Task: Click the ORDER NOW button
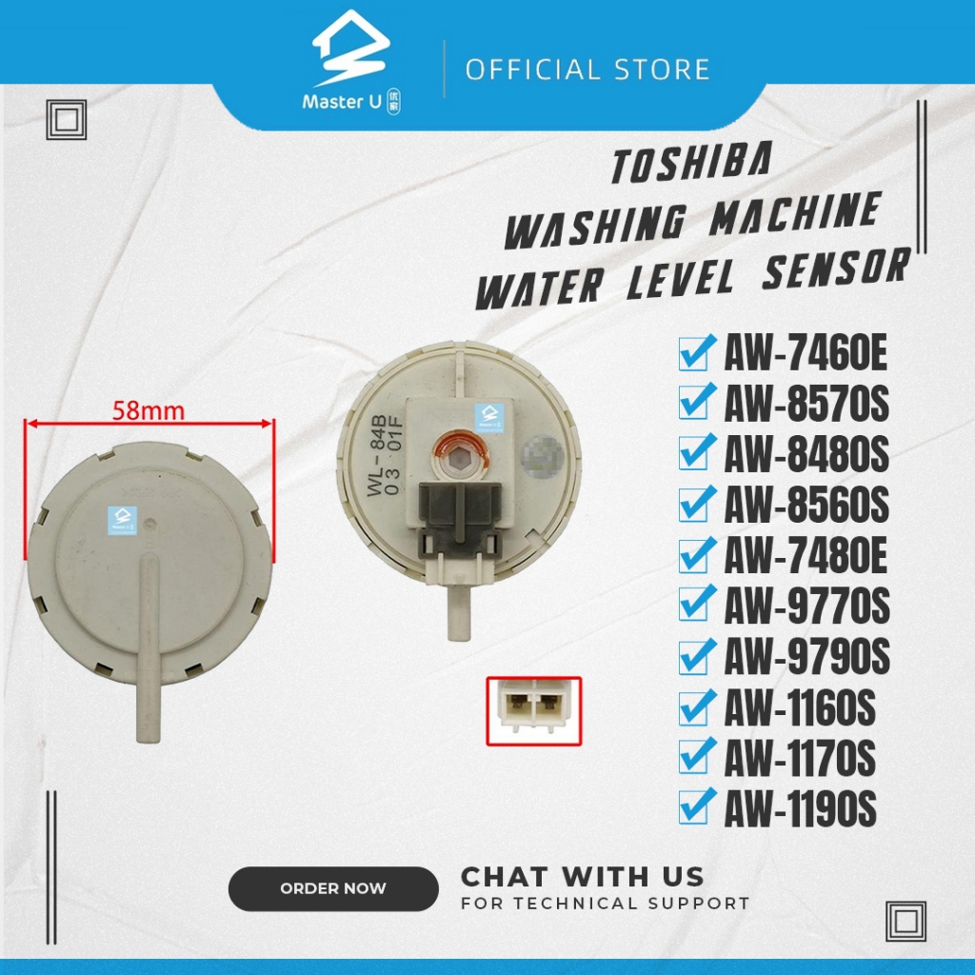point(333,888)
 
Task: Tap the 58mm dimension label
point(148,411)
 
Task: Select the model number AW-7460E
point(806,355)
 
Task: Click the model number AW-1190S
point(800,811)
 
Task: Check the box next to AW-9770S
point(694,604)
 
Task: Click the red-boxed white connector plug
point(533,711)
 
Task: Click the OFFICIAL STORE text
point(587,70)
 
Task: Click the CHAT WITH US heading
point(583,876)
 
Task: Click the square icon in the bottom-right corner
point(905,920)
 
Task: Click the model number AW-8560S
point(806,506)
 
